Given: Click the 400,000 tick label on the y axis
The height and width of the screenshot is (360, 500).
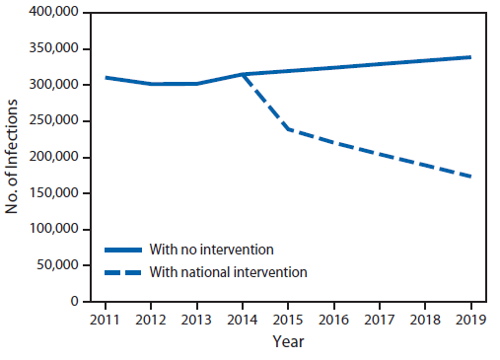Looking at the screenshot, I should click(54, 14).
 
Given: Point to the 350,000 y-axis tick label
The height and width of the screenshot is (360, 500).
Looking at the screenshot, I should click(54, 49).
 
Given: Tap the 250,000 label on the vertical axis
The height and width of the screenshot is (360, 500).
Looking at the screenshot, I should click(54, 121).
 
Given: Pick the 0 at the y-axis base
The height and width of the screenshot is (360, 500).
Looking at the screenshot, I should click(74, 301).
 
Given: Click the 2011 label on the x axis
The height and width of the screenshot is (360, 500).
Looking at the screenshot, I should click(103, 320).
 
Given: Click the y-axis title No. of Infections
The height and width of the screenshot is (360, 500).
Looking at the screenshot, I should click(13, 158).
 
